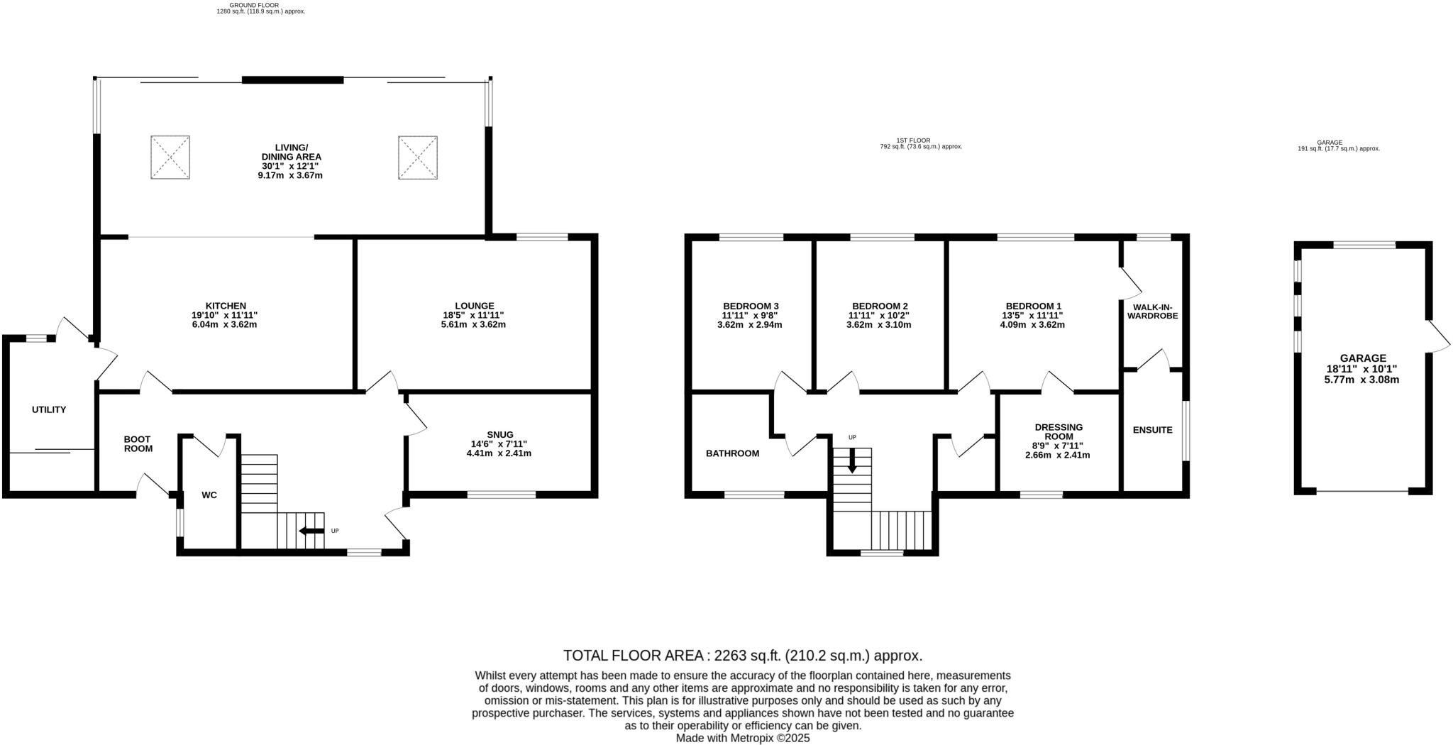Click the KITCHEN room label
226,306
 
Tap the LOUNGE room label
474,306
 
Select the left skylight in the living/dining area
170,158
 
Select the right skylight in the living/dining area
417,158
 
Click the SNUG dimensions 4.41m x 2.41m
498,453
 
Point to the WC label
209,495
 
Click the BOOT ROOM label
138,444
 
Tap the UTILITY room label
49,409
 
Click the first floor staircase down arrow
852,463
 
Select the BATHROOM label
732,453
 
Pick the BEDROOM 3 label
751,306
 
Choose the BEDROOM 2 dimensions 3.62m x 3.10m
878,325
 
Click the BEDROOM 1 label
1033,306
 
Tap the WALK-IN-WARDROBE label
1152,311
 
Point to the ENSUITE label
1152,430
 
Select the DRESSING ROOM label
1059,431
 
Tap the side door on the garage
1438,335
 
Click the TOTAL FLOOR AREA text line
742,655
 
